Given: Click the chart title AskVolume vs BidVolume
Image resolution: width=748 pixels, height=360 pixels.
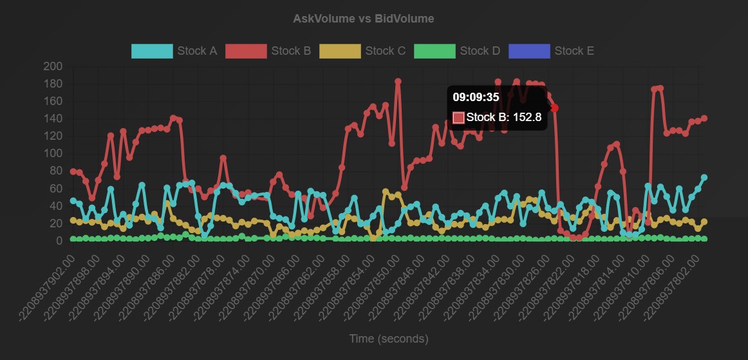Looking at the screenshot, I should [363, 19].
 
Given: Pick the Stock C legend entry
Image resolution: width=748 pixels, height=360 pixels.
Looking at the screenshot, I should [363, 51].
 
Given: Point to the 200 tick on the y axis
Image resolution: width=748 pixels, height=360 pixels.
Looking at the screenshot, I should [53, 66].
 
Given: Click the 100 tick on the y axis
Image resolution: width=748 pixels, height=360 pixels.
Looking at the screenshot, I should [53, 153].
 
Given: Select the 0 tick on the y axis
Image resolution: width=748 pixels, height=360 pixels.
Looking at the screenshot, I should [58, 241].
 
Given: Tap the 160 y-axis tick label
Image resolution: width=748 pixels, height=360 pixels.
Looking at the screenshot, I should [53, 101].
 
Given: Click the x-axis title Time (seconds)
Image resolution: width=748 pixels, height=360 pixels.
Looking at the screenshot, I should [388, 339].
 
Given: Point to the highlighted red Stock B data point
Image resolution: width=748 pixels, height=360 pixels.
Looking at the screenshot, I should [554, 108].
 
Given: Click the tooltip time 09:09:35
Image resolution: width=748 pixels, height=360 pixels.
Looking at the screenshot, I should [476, 97].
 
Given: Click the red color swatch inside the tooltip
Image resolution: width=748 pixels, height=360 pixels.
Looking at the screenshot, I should [458, 117].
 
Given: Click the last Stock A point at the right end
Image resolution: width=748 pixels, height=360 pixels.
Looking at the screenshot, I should [704, 177].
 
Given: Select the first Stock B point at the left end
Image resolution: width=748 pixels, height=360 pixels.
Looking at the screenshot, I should [73, 171].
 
